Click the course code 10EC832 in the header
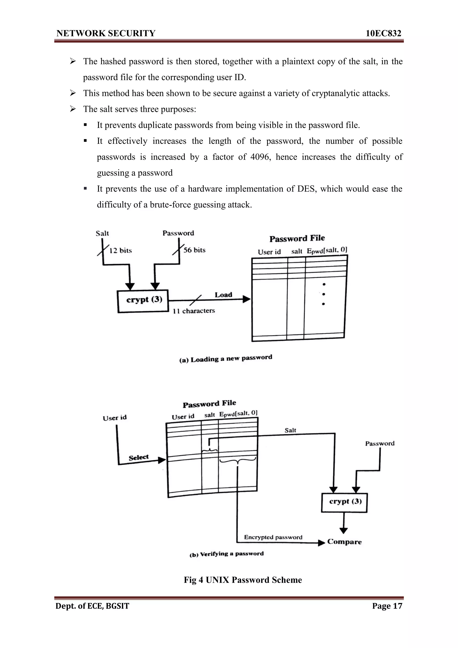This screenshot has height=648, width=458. [383, 33]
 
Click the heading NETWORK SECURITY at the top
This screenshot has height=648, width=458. [106, 33]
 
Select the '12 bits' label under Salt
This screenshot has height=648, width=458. [121, 251]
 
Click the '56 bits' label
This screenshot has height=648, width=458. [194, 250]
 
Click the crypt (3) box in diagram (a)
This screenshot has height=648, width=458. [143, 301]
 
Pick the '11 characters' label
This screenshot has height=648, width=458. [194, 311]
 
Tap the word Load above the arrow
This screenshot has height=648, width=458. [223, 295]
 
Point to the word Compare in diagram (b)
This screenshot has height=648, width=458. [344, 542]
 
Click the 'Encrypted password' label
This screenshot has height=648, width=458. [273, 537]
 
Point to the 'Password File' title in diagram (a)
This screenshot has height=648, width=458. [297, 239]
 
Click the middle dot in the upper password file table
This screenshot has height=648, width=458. [323, 294]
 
